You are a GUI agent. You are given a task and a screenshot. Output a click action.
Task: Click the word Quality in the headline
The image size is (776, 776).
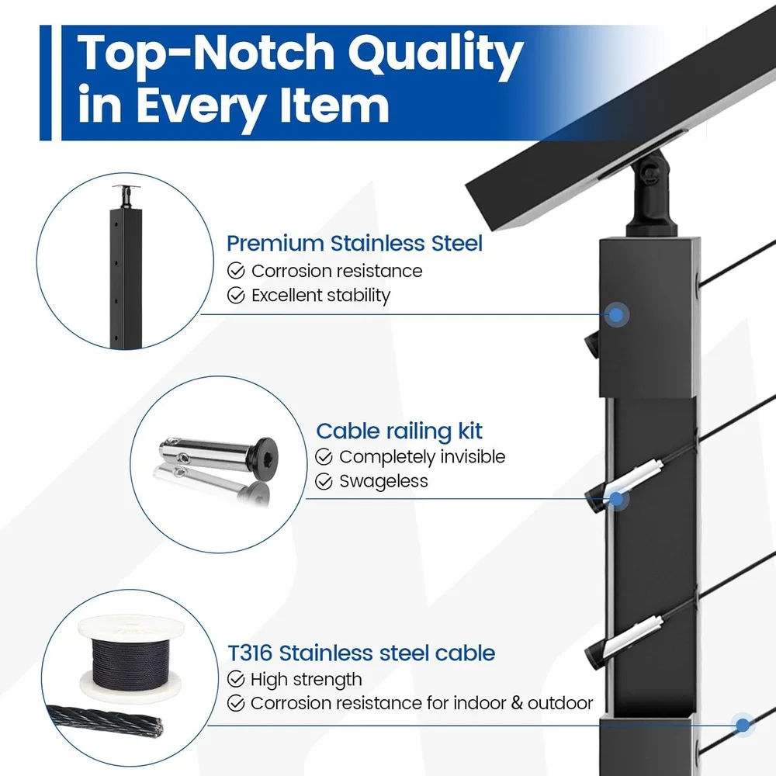pyautogui.click(x=424, y=57)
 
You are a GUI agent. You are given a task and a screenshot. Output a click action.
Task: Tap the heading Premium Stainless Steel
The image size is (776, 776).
pyautogui.click(x=354, y=243)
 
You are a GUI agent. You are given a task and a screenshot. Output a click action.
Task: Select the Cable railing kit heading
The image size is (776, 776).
pyautogui.click(x=399, y=431)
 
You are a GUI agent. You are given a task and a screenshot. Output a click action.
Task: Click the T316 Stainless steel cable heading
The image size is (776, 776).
pyautogui.click(x=361, y=653)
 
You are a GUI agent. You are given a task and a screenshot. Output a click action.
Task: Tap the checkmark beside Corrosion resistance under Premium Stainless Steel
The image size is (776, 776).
pyautogui.click(x=235, y=271)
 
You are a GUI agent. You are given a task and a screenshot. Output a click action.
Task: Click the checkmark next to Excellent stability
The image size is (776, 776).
pyautogui.click(x=235, y=296)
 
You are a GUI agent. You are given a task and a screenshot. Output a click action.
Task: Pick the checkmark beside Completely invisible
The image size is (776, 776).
pyautogui.click(x=324, y=456)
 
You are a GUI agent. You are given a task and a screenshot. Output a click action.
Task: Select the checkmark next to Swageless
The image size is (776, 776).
pyautogui.click(x=324, y=481)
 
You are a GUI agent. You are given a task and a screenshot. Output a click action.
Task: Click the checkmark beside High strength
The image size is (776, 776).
pyautogui.click(x=235, y=680)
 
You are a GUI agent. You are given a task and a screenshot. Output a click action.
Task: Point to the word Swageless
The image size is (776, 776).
pyautogui.click(x=383, y=481)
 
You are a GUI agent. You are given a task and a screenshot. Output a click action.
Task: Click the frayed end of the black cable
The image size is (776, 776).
pyautogui.click(x=155, y=727)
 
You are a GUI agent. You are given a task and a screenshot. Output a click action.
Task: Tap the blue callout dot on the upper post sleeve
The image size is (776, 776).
pyautogui.click(x=616, y=314)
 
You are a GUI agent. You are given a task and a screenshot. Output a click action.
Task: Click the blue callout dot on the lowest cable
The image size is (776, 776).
pyautogui.click(x=743, y=726)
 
